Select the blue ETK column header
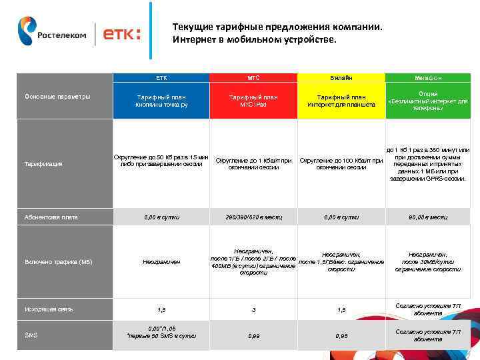point(162,77)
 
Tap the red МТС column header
point(253,77)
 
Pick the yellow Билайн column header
point(341,77)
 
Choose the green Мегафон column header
point(428,77)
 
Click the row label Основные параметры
point(57,97)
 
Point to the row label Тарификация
point(43,163)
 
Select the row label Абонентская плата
point(51,217)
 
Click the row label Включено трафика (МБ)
point(59,262)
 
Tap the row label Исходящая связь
point(49,309)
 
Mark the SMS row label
point(31,335)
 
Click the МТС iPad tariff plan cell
point(253,101)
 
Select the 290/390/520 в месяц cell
point(253,217)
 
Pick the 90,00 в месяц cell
point(428,217)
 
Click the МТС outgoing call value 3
point(253,310)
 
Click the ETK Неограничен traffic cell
point(162,262)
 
